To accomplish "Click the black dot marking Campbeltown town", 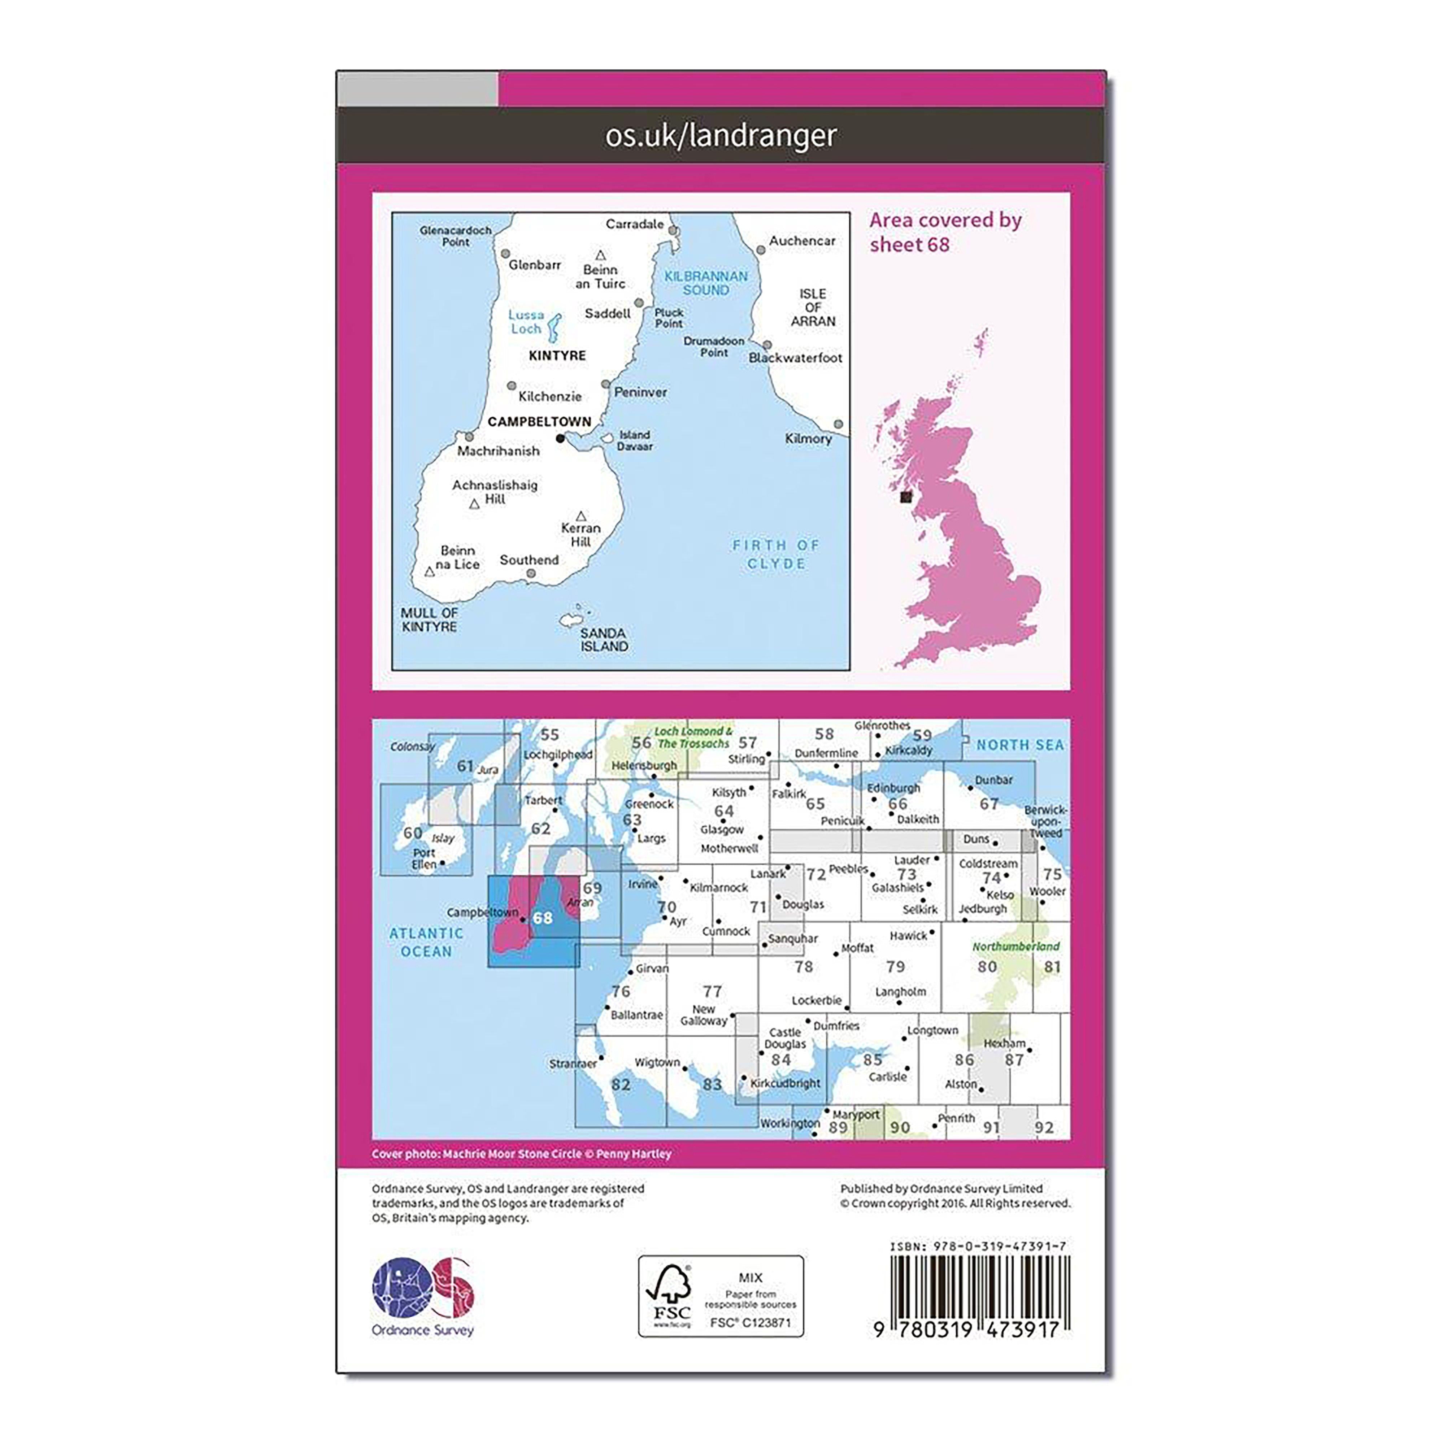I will click(561, 439).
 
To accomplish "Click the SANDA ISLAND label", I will click(604, 640).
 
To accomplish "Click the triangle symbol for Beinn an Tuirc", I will click(600, 255).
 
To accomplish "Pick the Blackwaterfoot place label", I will click(795, 358).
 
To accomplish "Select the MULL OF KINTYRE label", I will click(429, 619).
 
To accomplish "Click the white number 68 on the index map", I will click(543, 918).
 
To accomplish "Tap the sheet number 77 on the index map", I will click(712, 991).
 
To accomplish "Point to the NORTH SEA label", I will click(1019, 745).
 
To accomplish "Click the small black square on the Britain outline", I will click(906, 496).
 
